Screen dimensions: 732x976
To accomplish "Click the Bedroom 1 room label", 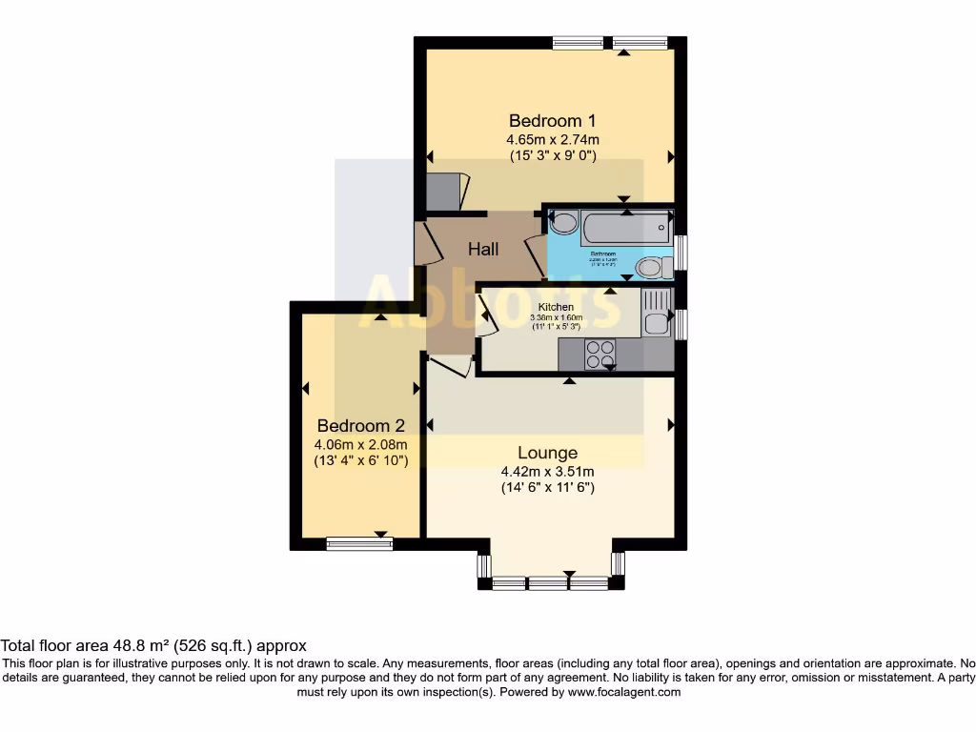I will tap(552, 121).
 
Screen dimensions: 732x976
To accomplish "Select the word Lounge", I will tap(547, 453).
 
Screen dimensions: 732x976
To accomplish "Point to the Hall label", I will tap(483, 250).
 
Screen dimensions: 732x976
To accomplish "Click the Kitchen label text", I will tap(556, 307).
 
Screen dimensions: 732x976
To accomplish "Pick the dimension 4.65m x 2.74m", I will tap(552, 140).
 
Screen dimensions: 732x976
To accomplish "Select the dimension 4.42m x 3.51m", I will tap(547, 471).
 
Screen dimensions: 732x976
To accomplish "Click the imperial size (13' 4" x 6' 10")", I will tap(360, 461).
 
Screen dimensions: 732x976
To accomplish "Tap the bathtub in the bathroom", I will tap(625, 228).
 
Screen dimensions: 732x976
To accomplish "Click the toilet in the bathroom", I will tap(652, 267).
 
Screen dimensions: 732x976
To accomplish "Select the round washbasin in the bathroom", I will tap(563, 224).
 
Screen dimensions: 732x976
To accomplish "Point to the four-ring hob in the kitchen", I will tap(600, 354).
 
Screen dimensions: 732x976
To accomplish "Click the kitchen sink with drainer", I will tap(656, 314).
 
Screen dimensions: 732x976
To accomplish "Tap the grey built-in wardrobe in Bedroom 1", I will tap(443, 192).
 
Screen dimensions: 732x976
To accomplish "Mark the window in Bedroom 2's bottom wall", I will tap(359, 543).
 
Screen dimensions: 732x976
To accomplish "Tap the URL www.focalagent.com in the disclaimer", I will tap(623, 692).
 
